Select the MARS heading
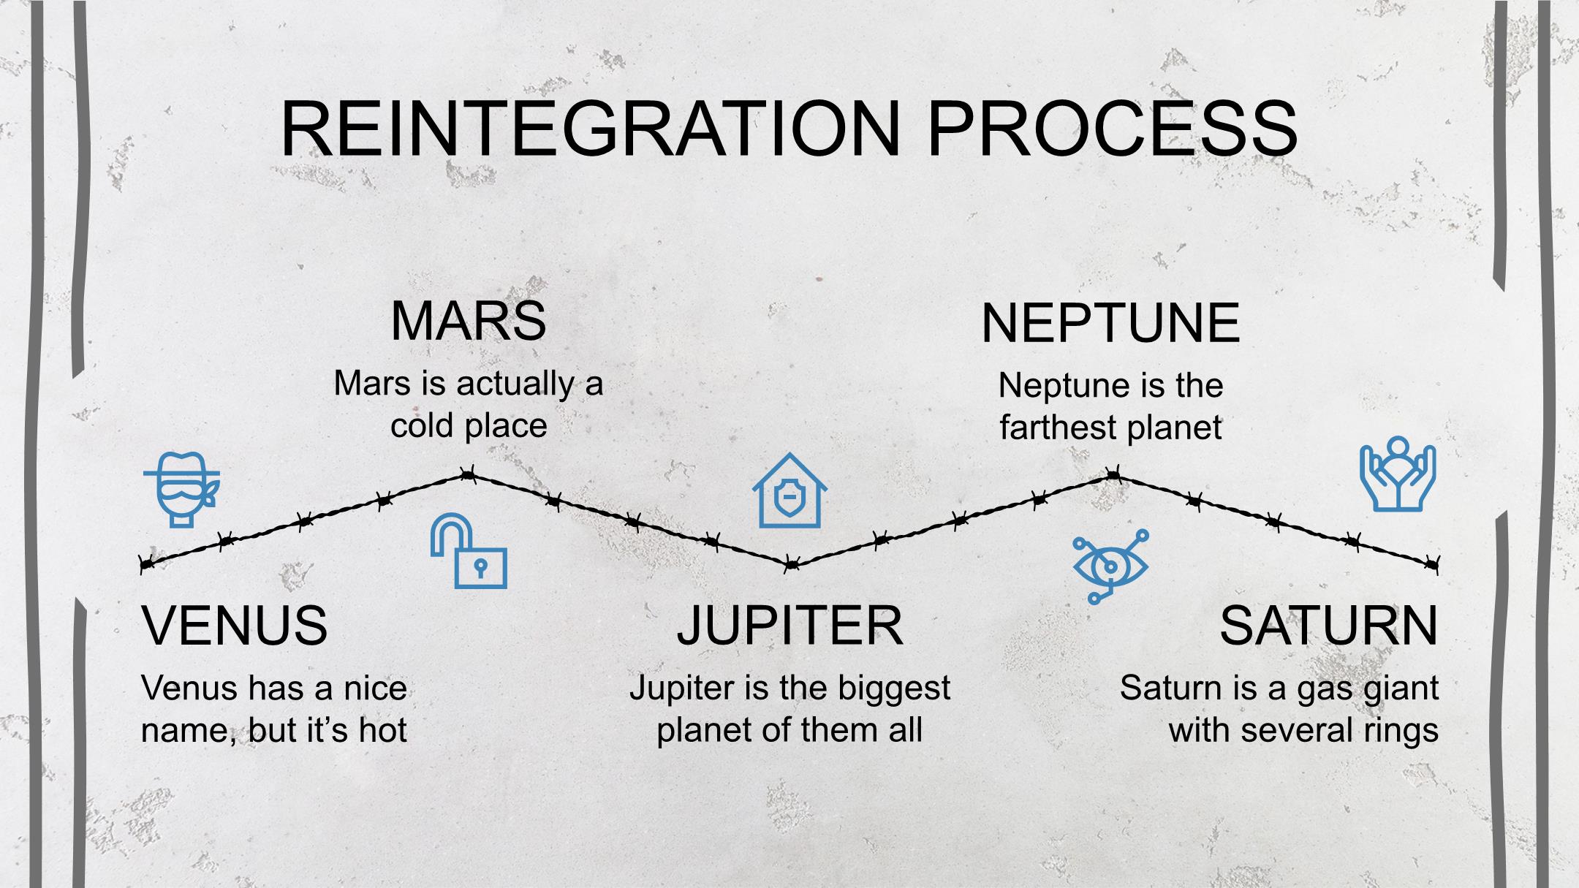[x=469, y=321]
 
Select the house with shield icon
[x=789, y=490]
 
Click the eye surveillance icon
[x=1110, y=566]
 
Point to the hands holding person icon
[x=1398, y=474]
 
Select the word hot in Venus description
[x=382, y=729]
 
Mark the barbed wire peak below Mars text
[x=468, y=476]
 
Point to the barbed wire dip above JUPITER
[x=790, y=565]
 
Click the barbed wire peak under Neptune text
[x=1112, y=476]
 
